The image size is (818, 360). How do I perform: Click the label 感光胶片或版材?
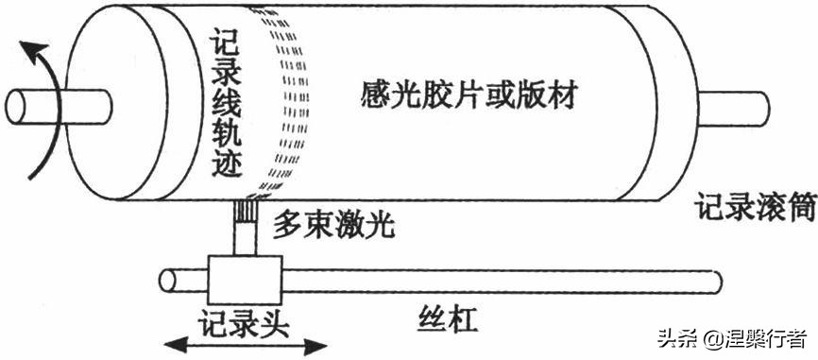pyautogui.click(x=469, y=94)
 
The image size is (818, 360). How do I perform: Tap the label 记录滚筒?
pyautogui.click(x=756, y=206)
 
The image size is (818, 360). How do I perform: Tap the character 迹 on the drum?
pyautogui.click(x=228, y=166)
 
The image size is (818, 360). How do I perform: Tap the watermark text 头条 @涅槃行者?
pyautogui.click(x=732, y=338)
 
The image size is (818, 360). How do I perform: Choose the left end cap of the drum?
pyautogui.click(x=99, y=104)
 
